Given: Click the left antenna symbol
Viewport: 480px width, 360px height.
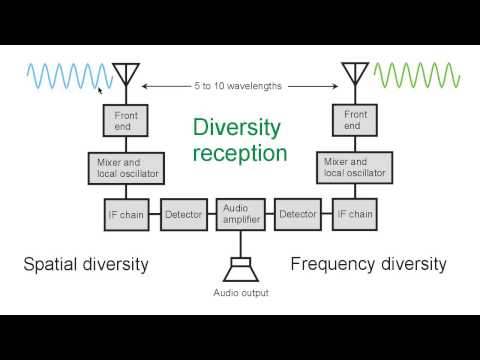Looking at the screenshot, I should (125, 76).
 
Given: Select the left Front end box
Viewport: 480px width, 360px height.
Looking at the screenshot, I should (125, 121).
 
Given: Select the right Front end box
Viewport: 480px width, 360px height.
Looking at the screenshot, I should (354, 121).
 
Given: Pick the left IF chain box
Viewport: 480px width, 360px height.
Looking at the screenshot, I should (125, 214).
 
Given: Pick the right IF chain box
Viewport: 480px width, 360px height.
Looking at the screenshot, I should (354, 214).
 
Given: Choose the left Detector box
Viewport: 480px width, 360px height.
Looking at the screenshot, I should (182, 214).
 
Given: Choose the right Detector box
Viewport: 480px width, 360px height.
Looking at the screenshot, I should (297, 214).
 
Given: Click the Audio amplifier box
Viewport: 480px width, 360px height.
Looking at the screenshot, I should (240, 212).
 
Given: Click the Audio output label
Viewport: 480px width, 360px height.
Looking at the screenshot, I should (240, 293).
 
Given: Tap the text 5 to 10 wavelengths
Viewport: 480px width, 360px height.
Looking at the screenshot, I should (240, 86).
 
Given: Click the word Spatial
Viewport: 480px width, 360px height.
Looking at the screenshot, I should (53, 264).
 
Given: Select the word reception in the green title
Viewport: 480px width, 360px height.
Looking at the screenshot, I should (240, 153).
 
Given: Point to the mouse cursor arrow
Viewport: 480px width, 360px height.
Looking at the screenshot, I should (100, 88).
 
